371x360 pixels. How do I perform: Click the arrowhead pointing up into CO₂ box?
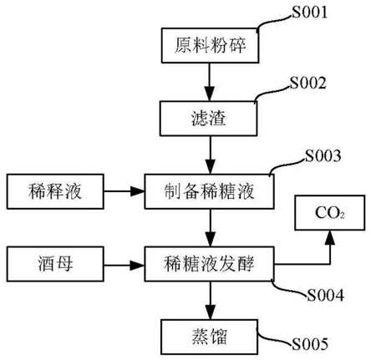point(330,240)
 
